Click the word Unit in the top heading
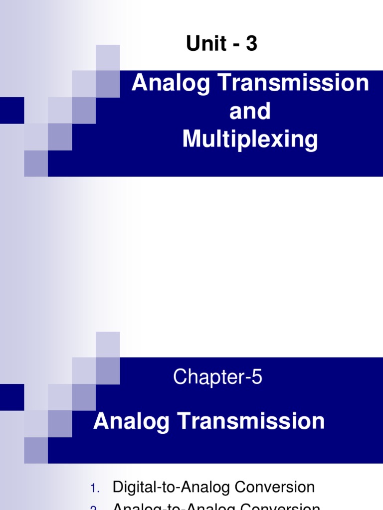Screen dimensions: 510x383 [x=205, y=44]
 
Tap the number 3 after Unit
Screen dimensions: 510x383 [x=251, y=44]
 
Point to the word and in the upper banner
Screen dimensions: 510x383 [x=250, y=111]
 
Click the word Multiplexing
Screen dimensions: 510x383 [x=250, y=139]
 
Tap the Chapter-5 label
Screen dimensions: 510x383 [x=217, y=378]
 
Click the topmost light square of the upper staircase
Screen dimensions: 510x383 [x=108, y=57]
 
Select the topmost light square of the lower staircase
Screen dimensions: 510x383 [x=108, y=344]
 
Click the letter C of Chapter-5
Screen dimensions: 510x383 [x=180, y=378]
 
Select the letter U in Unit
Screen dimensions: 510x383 [x=192, y=44]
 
